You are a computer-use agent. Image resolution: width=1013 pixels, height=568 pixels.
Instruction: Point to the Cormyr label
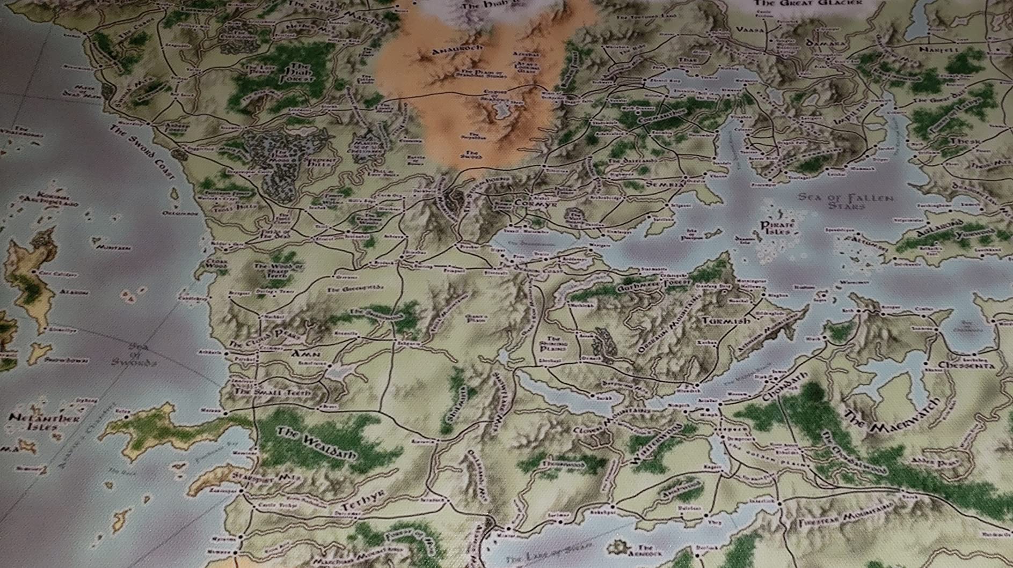tap(530, 204)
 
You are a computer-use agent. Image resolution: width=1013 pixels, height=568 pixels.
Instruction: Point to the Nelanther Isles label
tap(37, 423)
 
